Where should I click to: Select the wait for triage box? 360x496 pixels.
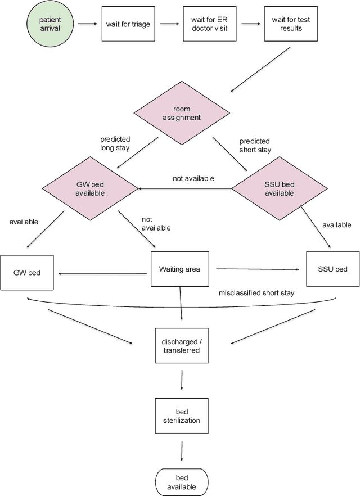[128, 24]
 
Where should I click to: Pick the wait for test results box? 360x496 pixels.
[291, 24]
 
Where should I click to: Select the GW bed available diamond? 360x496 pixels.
[91, 188]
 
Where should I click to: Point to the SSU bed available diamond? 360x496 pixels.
[279, 188]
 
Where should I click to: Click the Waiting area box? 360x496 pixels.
[183, 269]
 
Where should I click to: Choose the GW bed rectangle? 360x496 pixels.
[28, 273]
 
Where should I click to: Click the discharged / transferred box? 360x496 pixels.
[181, 345]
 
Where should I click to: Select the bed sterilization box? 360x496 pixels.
[181, 416]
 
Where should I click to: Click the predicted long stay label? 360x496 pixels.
[115, 144]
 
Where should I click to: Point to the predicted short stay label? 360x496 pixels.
[255, 145]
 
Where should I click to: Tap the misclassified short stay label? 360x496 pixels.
[256, 293]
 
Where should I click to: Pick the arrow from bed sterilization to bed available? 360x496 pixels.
[182, 450]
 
